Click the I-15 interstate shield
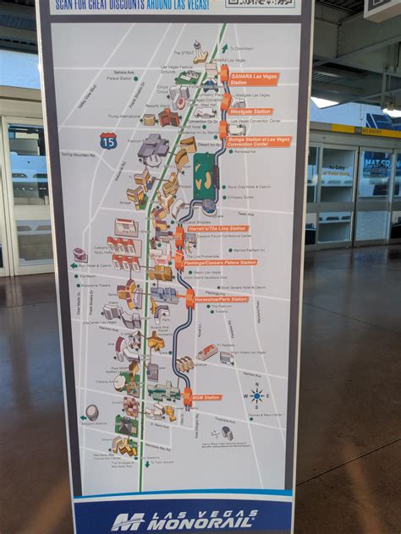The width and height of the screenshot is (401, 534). pos(107,140)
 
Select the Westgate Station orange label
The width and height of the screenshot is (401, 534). pos(250,111)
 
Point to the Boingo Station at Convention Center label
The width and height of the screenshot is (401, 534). pos(258,141)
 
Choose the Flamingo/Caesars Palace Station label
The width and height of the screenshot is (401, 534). pos(222,262)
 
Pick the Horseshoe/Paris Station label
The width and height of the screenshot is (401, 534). pos(222,299)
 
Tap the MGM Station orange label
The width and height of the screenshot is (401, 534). pos(206,396)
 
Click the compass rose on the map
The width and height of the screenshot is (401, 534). pos(256,395)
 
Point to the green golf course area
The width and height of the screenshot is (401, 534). pos(204,175)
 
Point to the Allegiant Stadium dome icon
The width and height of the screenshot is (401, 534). pos(91,411)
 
